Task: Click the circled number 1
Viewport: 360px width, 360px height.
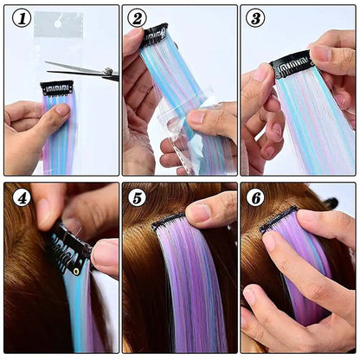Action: (x=20, y=17)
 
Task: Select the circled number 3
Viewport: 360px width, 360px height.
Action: (x=255, y=17)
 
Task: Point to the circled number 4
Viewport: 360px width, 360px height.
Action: (x=21, y=196)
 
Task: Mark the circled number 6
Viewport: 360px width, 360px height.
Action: (x=255, y=196)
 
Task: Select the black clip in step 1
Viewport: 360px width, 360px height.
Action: (x=58, y=87)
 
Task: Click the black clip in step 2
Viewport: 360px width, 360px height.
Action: (x=156, y=34)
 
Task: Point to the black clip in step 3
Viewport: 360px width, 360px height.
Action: (x=292, y=64)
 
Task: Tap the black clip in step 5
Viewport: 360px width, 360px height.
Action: (x=170, y=222)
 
